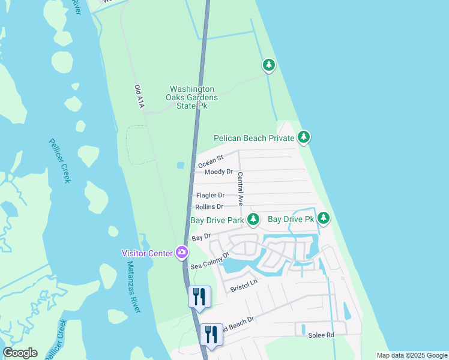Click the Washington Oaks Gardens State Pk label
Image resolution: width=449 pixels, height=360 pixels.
pos(192,97)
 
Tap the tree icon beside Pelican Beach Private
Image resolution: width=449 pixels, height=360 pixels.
pos(304,138)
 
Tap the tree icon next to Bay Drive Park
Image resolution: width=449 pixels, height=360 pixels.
pos(253,220)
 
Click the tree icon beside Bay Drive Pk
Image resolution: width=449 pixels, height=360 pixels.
pos(324,218)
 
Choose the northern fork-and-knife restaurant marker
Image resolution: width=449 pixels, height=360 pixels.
pos(199,296)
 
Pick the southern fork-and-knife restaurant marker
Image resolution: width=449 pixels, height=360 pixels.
pos(211,334)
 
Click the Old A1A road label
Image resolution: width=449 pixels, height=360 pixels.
pos(139,97)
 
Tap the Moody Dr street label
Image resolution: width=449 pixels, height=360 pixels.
pos(218,172)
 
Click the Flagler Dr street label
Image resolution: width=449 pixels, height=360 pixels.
pos(210,195)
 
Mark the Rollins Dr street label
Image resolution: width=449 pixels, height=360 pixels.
pos(209,206)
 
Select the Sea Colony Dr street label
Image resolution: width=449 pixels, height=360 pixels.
pos(210,260)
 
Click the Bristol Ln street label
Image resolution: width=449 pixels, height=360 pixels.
pos(244,285)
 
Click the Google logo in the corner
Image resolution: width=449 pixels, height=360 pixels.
pos(20,353)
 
